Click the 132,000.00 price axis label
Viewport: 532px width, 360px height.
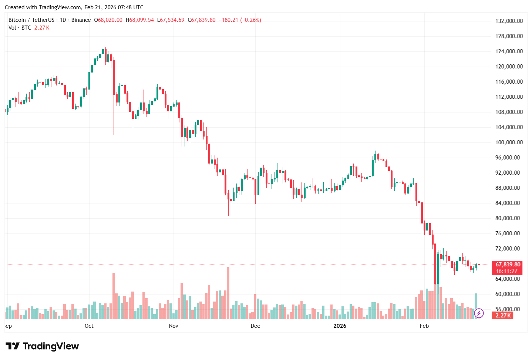509,21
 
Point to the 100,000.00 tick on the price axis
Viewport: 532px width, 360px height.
509,142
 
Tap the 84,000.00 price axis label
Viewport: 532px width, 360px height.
509,203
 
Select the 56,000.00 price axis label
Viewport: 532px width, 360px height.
509,309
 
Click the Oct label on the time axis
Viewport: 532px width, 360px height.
89,326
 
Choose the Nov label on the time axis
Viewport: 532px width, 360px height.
174,326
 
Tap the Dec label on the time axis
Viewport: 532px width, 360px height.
255,326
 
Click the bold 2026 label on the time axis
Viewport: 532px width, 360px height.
340,326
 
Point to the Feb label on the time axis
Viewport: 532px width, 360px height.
424,326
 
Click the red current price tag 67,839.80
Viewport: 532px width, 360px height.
508,265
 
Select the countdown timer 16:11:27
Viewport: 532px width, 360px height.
506,271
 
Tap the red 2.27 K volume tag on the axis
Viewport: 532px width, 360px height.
503,316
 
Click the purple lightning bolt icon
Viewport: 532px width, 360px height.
479,313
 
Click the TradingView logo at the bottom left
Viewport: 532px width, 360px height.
42,346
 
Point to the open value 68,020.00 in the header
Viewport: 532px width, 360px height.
110,20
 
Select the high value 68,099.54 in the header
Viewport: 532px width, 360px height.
141,20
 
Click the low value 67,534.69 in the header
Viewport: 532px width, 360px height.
172,20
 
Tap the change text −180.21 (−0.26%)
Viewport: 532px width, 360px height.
240,20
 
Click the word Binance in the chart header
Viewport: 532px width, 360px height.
81,20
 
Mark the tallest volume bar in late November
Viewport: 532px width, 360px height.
228,293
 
